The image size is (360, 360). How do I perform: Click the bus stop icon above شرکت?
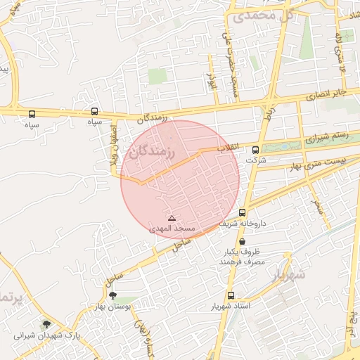[x=255, y=149]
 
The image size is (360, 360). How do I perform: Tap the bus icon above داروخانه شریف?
[x=242, y=212]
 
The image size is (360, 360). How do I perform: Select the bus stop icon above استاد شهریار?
[x=231, y=295]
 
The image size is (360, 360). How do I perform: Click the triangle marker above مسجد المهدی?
[x=172, y=219]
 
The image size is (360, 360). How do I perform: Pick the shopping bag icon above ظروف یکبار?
[x=242, y=241]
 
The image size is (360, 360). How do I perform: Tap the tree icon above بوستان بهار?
[x=113, y=296]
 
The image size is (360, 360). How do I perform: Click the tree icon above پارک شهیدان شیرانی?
[x=46, y=324]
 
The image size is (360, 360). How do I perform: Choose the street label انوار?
[x=210, y=79]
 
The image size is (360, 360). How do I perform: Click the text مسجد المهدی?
[x=172, y=229]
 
